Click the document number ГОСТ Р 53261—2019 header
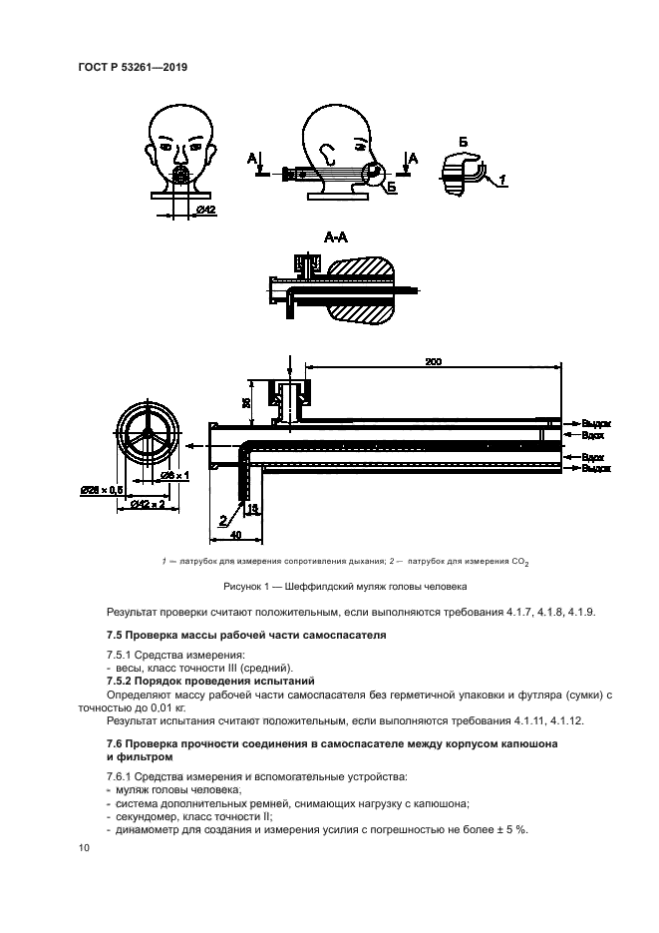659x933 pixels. click(134, 68)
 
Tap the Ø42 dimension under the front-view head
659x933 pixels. click(206, 210)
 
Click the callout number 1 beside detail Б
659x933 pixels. click(503, 179)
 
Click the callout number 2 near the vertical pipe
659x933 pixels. click(223, 519)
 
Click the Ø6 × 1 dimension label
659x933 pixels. click(175, 476)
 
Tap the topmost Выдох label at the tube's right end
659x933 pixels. click(595, 423)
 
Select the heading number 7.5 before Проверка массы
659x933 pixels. click(116, 635)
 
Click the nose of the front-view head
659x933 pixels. click(180, 158)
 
